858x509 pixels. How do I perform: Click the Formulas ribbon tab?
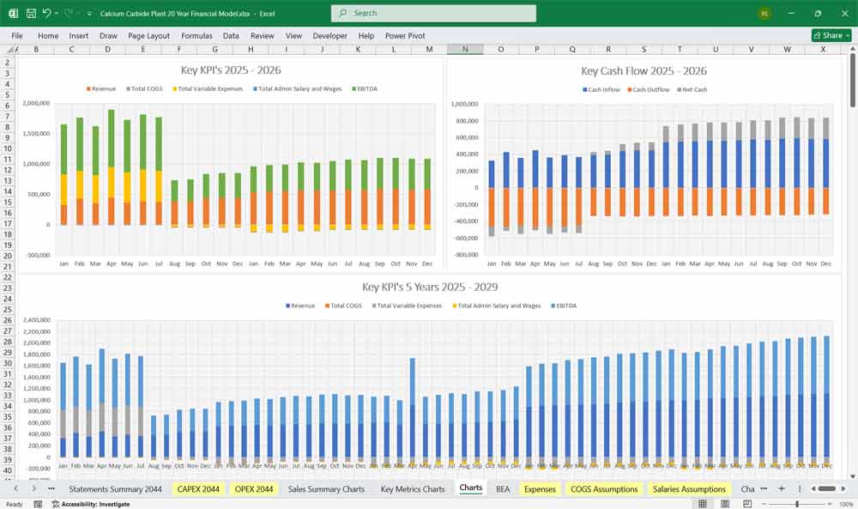pos(196,36)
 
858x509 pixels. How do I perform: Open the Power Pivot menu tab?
pos(405,36)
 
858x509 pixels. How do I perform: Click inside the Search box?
pos(433,13)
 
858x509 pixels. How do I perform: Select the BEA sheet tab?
pos(503,488)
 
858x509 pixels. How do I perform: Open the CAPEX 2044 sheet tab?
pos(198,488)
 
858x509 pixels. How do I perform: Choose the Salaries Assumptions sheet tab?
pos(691,488)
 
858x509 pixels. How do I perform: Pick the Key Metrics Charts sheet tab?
pos(413,488)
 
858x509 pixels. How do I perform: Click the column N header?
pos(465,49)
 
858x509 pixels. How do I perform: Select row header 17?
pos(8,224)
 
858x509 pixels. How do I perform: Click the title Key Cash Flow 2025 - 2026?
pos(643,70)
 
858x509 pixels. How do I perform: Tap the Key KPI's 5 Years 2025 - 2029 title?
pos(430,288)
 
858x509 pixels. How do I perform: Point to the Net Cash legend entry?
pos(695,89)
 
